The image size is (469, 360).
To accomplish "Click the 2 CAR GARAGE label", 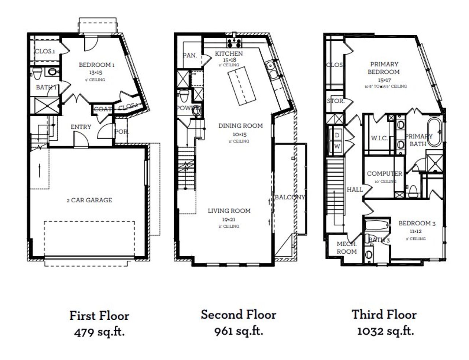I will tap(89, 200).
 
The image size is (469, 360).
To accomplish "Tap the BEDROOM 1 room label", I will tap(97, 65).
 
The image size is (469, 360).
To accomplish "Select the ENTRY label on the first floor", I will tap(81, 127).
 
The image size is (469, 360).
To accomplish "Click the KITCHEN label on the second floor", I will tap(229, 54).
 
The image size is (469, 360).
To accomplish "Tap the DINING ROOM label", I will tap(240, 126).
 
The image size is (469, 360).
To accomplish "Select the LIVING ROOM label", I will tap(229, 211).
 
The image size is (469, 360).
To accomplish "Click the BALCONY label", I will tap(289, 197).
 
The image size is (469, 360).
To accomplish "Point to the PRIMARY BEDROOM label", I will tap(384, 68).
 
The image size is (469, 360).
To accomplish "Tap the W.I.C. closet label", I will tap(379, 138).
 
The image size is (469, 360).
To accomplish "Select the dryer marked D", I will tap(337, 135).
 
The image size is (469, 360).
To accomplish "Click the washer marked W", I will tap(337, 146).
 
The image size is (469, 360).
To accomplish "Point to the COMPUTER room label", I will tap(384, 173).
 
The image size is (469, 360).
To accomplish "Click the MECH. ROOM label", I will tap(347, 248).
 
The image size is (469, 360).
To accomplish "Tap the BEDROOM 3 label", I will tap(417, 223).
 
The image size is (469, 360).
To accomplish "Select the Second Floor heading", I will tap(238, 315).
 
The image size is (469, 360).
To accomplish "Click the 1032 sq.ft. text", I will tap(385, 331).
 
